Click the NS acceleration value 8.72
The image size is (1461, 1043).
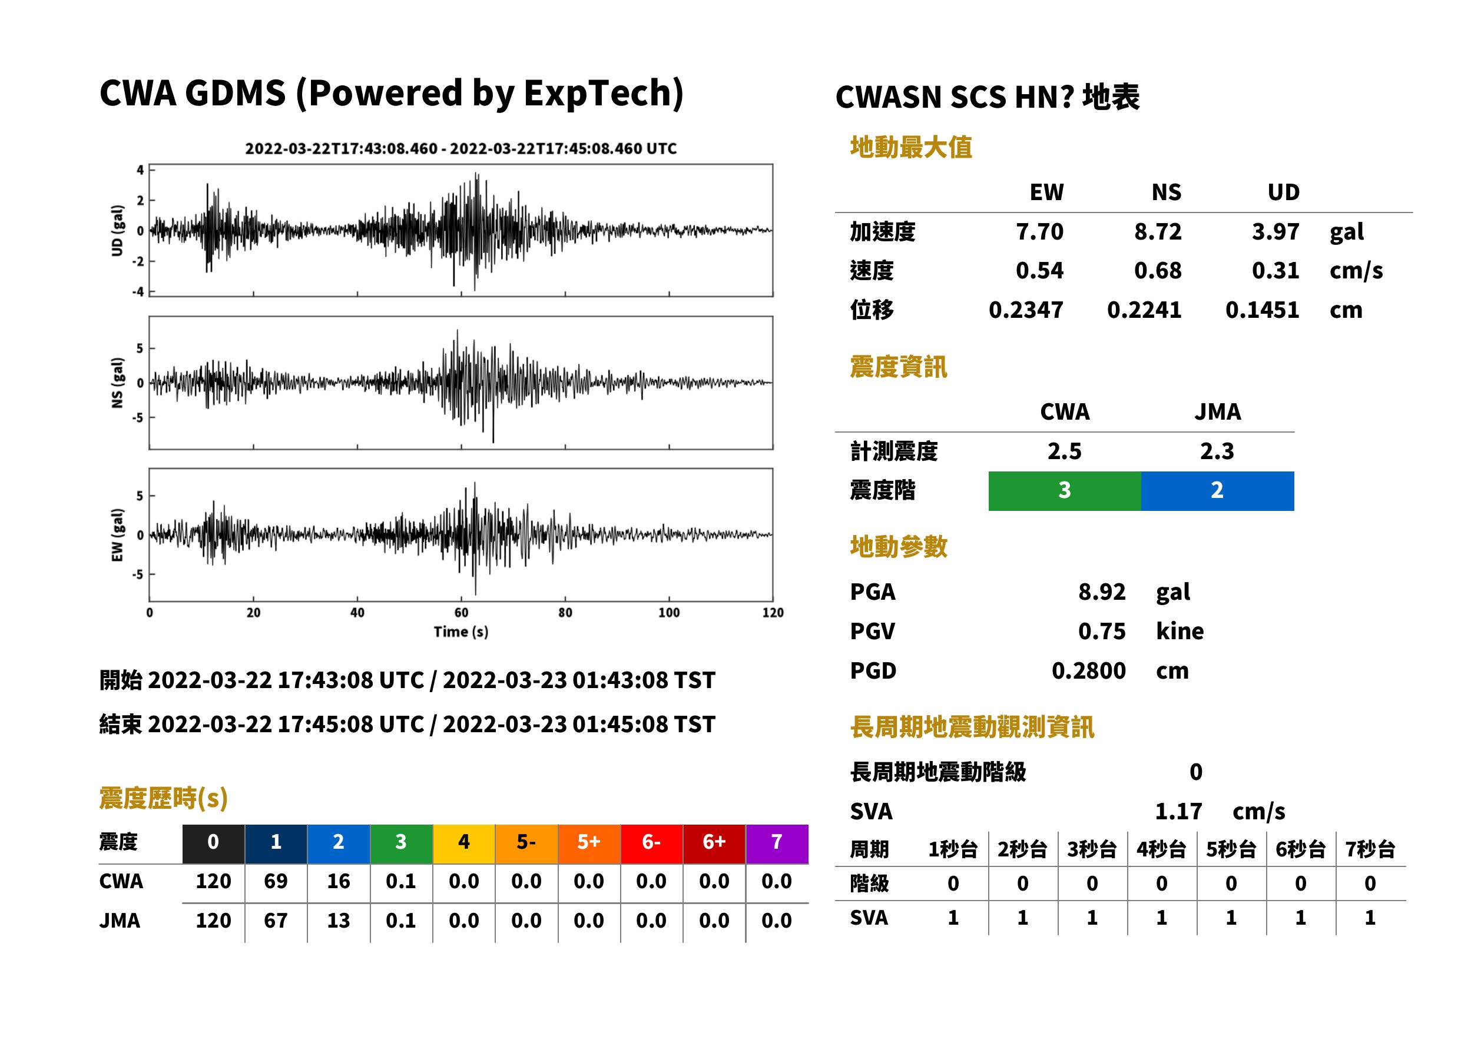coord(1157,231)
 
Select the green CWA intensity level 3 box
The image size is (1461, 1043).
coord(1064,491)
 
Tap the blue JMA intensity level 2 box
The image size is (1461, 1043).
coord(1218,491)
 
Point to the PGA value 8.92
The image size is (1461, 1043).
coord(1101,592)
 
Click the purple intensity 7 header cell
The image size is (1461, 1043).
coord(777,843)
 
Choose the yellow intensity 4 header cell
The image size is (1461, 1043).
coord(464,843)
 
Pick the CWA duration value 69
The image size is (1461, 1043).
coord(276,881)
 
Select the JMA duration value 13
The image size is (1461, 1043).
coord(339,921)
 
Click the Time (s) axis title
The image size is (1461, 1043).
coord(461,632)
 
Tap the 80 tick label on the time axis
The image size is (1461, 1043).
coord(565,612)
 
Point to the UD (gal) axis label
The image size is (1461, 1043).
coord(117,231)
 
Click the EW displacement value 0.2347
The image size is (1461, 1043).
coord(1025,310)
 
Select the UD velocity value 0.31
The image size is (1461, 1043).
coord(1276,270)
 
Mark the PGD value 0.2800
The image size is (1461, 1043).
coord(1088,670)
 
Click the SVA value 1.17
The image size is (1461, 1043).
coord(1178,811)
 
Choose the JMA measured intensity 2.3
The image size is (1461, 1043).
coord(1217,451)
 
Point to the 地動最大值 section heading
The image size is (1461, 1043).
coord(911,147)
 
